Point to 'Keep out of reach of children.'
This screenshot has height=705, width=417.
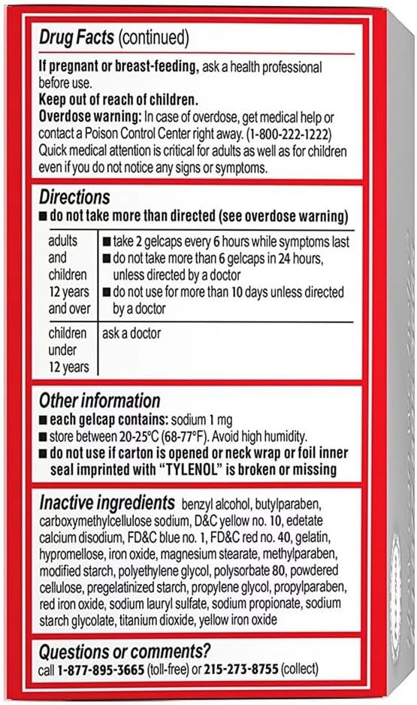click(x=118, y=100)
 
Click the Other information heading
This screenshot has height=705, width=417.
click(x=99, y=401)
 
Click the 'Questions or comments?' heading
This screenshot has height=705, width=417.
click(x=124, y=650)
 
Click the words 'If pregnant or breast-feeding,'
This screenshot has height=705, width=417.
click(x=119, y=67)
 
